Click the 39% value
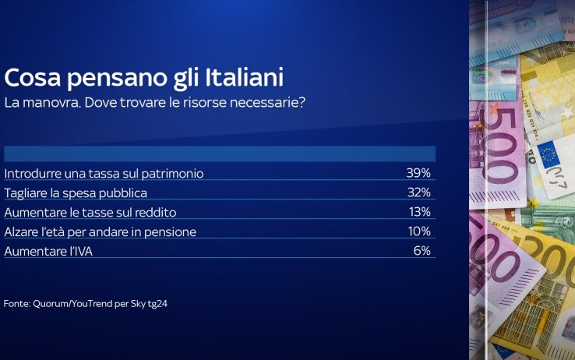(418, 173)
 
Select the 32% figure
(419, 192)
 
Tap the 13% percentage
(420, 211)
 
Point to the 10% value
(419, 231)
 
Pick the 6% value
(422, 250)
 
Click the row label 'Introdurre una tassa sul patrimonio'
(104, 174)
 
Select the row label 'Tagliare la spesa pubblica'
(76, 193)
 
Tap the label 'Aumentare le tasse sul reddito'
(90, 212)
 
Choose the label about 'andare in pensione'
(100, 232)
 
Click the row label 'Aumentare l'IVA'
(48, 251)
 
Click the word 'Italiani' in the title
(244, 77)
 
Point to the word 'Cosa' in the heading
(33, 77)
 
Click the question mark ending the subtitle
(302, 102)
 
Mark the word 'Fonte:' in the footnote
(17, 304)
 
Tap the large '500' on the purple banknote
(501, 146)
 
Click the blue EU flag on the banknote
(549, 154)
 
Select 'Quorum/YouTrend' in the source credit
(72, 304)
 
